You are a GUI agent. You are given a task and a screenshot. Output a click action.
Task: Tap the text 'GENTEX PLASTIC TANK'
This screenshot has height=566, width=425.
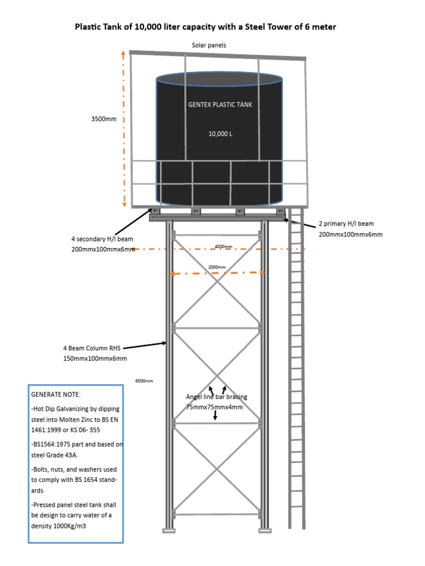tap(220, 104)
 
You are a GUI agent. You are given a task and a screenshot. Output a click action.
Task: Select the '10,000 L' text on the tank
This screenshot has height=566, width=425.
tap(220, 134)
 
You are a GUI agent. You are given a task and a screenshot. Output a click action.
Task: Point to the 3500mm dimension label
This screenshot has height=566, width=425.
tap(104, 119)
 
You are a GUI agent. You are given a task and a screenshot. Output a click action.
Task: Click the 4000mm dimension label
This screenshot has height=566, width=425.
tap(224, 247)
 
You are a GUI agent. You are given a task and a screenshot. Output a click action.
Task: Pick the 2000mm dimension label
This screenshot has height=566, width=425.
tap(217, 267)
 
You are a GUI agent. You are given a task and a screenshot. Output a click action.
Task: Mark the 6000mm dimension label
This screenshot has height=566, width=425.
tap(144, 381)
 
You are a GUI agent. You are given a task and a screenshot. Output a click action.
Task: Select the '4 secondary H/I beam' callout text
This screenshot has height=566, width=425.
tap(102, 239)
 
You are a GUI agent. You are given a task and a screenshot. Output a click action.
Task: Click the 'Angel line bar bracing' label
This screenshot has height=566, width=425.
tap(216, 397)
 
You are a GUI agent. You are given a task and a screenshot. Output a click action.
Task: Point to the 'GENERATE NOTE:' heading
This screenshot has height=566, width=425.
tap(55, 395)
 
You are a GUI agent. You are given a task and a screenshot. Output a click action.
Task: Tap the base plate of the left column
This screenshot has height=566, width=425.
tap(169, 531)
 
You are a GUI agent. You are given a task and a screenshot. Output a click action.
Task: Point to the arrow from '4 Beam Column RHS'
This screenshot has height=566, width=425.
tap(145, 345)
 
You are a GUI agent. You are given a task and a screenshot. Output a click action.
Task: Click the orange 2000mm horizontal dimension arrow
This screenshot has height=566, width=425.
tap(217, 273)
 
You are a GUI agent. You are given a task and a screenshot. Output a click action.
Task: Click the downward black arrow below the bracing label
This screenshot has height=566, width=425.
tap(215, 415)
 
